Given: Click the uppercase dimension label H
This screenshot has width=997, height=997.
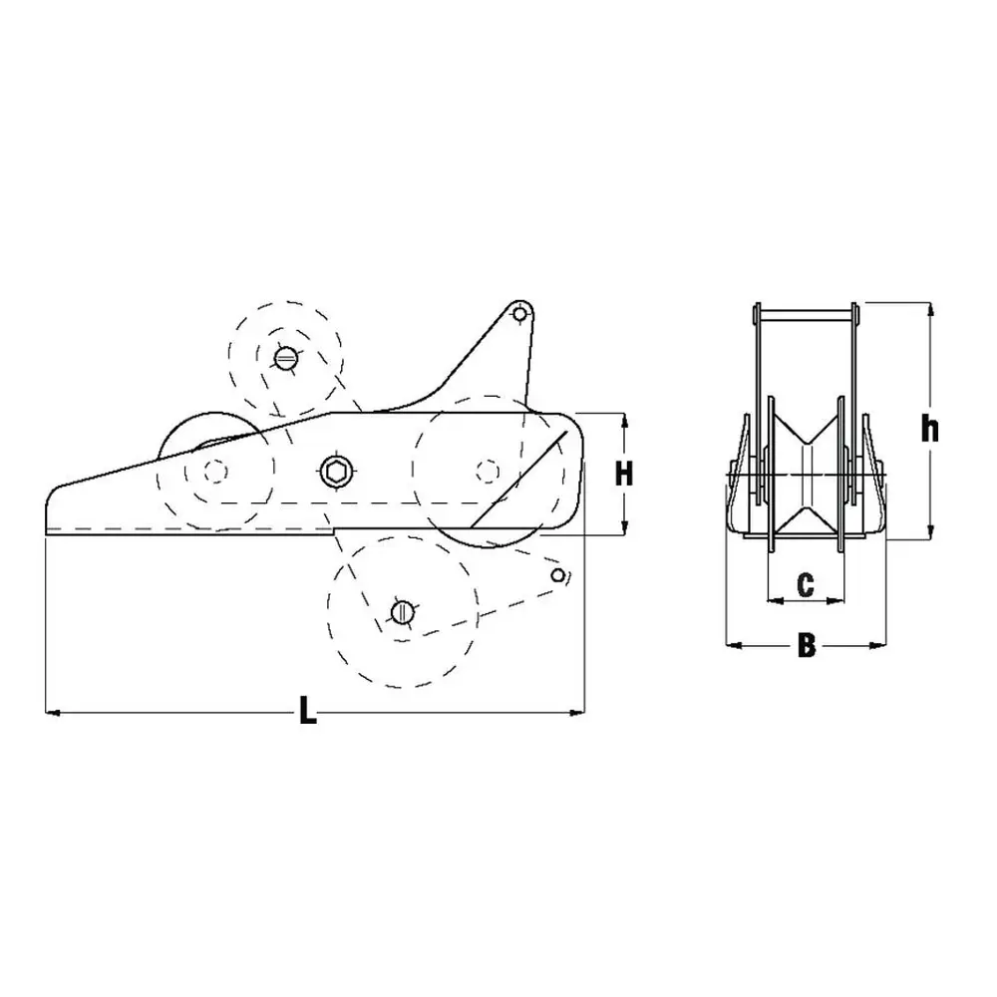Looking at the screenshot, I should click(x=624, y=475).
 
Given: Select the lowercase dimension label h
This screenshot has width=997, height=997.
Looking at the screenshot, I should click(x=930, y=428).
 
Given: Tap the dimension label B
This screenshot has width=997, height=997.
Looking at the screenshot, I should click(x=807, y=647).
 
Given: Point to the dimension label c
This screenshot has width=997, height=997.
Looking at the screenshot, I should click(x=807, y=585).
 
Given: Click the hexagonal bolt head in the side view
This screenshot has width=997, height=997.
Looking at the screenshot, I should click(x=337, y=472).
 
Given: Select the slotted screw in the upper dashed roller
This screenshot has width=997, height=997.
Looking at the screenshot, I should click(x=286, y=357).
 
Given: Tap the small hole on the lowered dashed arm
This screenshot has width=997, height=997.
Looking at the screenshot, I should click(x=558, y=575).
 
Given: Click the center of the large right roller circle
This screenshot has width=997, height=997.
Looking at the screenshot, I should click(x=487, y=470).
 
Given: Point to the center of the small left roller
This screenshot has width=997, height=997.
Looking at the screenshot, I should click(x=210, y=470).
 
